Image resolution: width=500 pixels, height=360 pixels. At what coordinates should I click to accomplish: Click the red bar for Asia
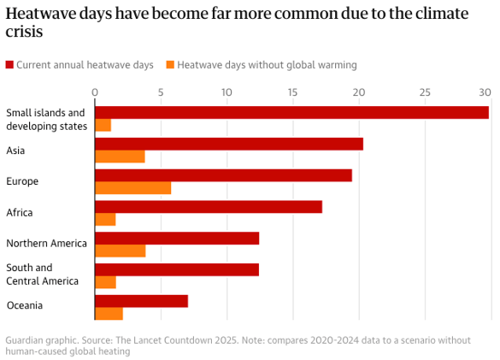pyautogui.click(x=228, y=144)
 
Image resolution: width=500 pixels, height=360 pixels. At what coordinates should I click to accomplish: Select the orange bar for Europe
pyautogui.click(x=132, y=188)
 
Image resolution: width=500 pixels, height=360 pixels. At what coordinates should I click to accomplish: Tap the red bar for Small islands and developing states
pyautogui.click(x=291, y=113)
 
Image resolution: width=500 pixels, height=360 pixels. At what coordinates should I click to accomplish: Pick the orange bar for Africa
pyautogui.click(x=105, y=220)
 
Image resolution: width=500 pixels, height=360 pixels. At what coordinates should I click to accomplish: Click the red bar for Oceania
pyautogui.click(x=141, y=300)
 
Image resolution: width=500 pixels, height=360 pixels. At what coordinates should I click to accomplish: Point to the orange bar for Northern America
pyautogui.click(x=120, y=251)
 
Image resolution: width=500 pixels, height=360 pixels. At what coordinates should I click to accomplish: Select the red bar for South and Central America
pyautogui.click(x=176, y=269)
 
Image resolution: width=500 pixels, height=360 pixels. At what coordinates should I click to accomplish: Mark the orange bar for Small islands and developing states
pyautogui.click(x=103, y=126)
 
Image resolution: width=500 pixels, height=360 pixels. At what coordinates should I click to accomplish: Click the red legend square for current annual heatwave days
pyautogui.click(x=9, y=65)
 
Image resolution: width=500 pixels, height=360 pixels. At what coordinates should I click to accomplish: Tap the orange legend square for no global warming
pyautogui.click(x=170, y=65)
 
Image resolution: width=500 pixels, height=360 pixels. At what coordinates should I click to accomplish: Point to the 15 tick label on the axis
pyautogui.click(x=291, y=91)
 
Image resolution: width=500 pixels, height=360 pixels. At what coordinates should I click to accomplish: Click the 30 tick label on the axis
pyautogui.click(x=485, y=91)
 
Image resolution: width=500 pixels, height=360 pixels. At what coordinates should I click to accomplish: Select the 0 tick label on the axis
pyautogui.click(x=95, y=91)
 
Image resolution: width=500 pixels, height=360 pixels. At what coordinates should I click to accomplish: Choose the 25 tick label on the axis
pyautogui.click(x=424, y=91)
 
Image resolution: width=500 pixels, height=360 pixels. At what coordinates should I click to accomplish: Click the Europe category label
pyautogui.click(x=22, y=181)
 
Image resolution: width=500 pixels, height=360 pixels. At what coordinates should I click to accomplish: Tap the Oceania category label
pyautogui.click(x=24, y=305)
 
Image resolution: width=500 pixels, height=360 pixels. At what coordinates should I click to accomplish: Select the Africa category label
pyautogui.click(x=20, y=212)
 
